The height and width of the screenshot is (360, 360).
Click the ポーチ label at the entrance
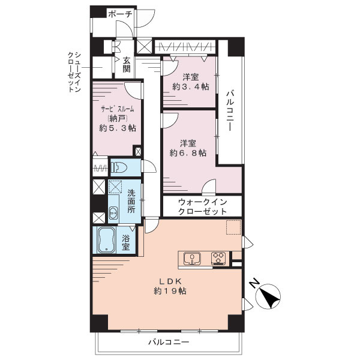pyautogui.click(x=121, y=14)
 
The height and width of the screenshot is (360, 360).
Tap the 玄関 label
pyautogui.click(x=127, y=65)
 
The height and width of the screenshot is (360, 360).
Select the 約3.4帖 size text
pyautogui.click(x=191, y=87)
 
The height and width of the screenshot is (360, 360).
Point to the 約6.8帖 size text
pyautogui.click(x=188, y=153)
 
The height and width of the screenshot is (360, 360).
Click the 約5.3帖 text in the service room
pyautogui.click(x=118, y=128)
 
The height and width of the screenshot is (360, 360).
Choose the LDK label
pyautogui.click(x=171, y=281)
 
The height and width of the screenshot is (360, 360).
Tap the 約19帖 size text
pyautogui.click(x=170, y=291)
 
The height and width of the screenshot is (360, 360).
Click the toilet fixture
pyautogui.click(x=119, y=167)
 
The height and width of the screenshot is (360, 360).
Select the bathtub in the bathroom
pyautogui.click(x=107, y=240)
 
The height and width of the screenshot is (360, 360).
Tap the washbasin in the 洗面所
pyautogui.click(x=113, y=212)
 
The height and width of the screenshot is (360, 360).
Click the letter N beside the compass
pyautogui.click(x=254, y=283)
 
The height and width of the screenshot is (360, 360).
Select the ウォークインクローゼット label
pyautogui.click(x=203, y=206)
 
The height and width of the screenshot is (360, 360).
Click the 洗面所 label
pyautogui.click(x=131, y=201)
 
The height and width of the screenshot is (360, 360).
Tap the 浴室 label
pyautogui.click(x=125, y=242)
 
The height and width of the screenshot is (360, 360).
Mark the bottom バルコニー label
pyautogui.click(x=169, y=342)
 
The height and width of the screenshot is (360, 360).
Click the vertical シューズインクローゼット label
pyautogui.click(x=74, y=72)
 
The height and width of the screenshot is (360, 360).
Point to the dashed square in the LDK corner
pyautogui.click(x=233, y=227)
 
